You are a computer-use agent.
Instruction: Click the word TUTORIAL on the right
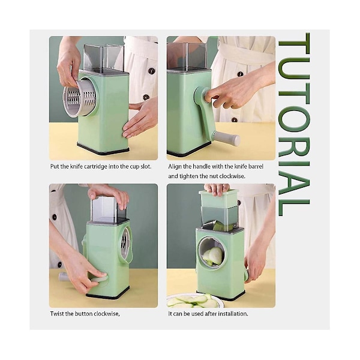click(294, 124)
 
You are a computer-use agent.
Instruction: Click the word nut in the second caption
click(214, 176)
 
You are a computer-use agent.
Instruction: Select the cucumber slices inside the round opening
click(213, 256)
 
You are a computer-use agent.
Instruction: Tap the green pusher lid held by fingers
click(218, 198)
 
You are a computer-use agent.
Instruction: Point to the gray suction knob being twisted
click(99, 279)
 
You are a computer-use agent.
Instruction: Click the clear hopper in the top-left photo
click(104, 57)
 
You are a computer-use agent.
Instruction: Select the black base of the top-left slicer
click(103, 149)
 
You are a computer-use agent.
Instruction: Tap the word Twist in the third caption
click(57, 314)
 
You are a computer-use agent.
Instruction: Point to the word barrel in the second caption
click(256, 166)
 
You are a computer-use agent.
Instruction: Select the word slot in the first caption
click(146, 166)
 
